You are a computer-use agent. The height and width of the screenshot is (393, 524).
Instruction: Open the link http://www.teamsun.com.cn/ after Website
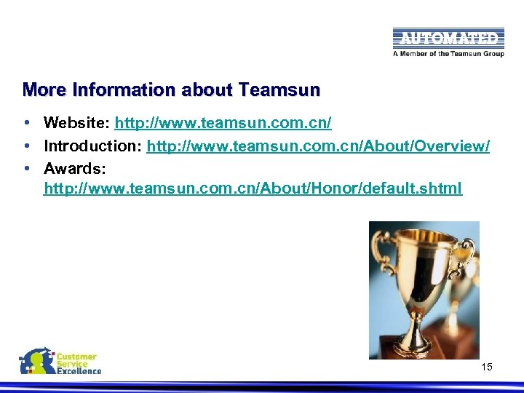pyautogui.click(x=223, y=123)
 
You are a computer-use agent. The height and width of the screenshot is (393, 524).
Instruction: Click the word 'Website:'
pyautogui.click(x=76, y=123)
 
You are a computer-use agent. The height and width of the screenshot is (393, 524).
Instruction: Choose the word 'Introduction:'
pyautogui.click(x=93, y=146)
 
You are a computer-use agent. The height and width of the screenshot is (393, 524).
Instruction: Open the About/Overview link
pyautogui.click(x=318, y=146)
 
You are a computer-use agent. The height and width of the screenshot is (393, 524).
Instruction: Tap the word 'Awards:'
pyautogui.click(x=75, y=168)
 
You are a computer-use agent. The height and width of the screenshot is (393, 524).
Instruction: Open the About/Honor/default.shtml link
pyautogui.click(x=253, y=189)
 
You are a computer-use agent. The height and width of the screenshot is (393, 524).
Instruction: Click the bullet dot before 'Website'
pyautogui.click(x=25, y=123)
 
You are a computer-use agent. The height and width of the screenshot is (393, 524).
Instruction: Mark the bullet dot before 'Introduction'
pyautogui.click(x=25, y=146)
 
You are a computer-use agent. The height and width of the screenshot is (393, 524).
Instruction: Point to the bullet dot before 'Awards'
pyautogui.click(x=25, y=168)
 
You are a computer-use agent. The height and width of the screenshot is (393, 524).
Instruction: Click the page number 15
pyautogui.click(x=487, y=367)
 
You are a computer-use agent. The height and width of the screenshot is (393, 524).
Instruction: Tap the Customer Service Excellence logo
pyautogui.click(x=60, y=362)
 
